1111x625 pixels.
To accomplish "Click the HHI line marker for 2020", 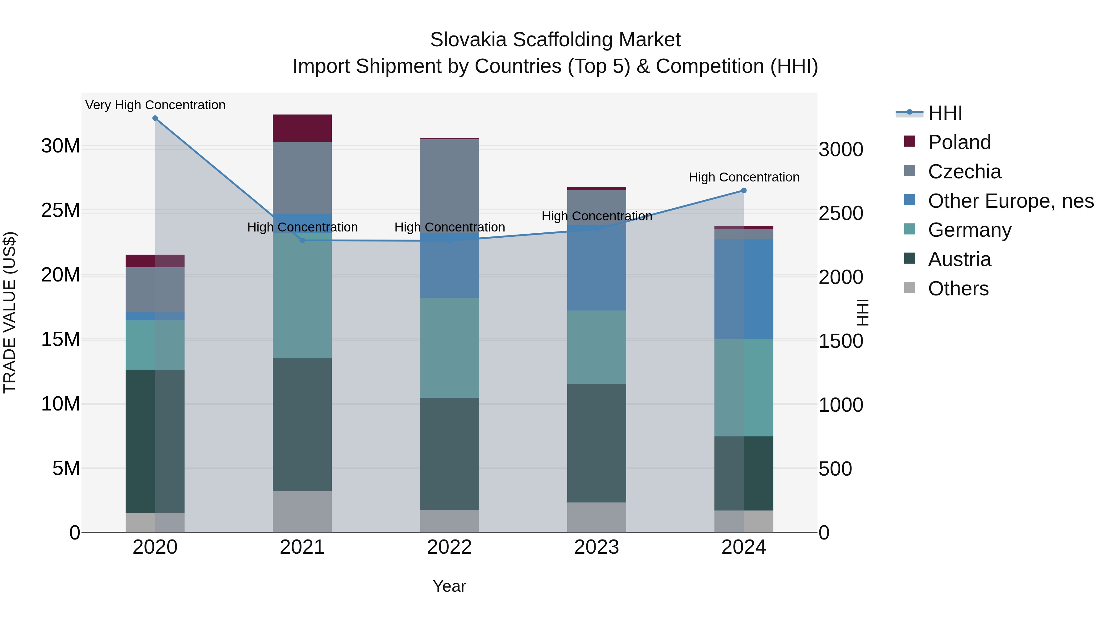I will point(155,118).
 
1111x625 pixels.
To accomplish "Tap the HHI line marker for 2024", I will point(743,190).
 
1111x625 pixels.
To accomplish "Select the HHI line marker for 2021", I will point(302,240).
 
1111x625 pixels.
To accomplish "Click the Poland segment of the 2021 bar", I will point(302,128).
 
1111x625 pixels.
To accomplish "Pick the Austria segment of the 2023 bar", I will point(597,443).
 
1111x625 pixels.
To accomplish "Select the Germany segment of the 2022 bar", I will point(449,348).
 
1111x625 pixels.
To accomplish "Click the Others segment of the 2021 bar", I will point(302,511).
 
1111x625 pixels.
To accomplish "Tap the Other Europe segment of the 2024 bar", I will point(743,289).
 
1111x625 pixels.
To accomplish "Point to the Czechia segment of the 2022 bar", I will point(449,185).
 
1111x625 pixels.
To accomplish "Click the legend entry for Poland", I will point(959,142).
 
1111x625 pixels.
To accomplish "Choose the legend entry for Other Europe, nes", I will point(1010,201).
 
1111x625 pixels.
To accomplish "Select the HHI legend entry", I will point(945,113).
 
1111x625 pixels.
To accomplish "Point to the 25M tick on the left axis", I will point(60,210).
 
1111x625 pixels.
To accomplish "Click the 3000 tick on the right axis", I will point(841,150).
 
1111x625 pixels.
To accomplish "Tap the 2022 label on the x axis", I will point(449,547).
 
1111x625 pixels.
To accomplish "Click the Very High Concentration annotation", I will point(155,105).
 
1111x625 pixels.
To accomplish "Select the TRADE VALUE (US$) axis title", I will point(10,312).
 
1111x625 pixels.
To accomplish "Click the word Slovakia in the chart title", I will point(468,40).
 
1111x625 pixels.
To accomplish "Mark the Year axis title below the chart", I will point(449,586).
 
